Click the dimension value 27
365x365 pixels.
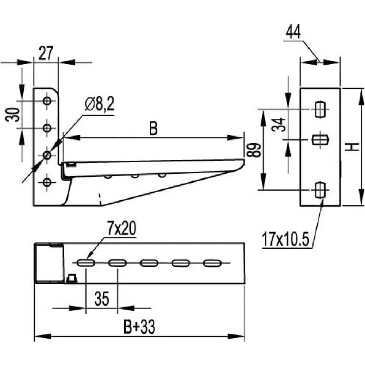tap(46, 54)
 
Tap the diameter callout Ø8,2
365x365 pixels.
tap(99, 105)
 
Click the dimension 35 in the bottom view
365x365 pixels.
tap(102, 299)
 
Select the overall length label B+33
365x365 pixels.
tap(139, 327)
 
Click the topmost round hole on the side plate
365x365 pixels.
tap(47, 101)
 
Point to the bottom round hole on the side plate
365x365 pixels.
tap(47, 181)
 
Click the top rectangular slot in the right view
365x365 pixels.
tap(319, 109)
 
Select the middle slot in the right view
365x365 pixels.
tap(320, 139)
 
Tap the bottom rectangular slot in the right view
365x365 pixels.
tap(319, 189)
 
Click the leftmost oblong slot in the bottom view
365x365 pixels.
tap(86, 262)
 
